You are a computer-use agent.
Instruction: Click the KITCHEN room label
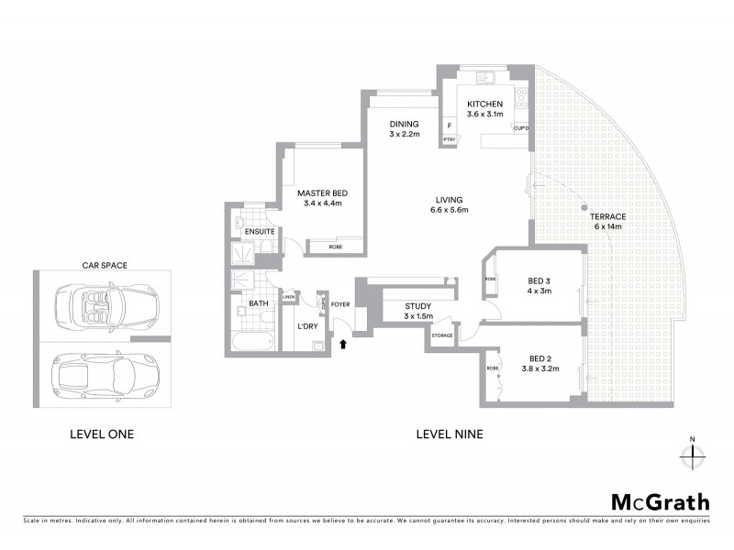tap(484, 104)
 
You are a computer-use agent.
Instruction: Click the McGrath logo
tap(660, 501)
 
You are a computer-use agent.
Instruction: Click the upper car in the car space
tap(106, 302)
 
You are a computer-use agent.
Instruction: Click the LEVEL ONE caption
tap(102, 434)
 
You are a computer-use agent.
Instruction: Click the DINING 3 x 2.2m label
tap(404, 129)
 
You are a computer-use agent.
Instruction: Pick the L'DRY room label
tap(306, 326)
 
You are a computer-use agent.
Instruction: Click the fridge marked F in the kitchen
tap(450, 126)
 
